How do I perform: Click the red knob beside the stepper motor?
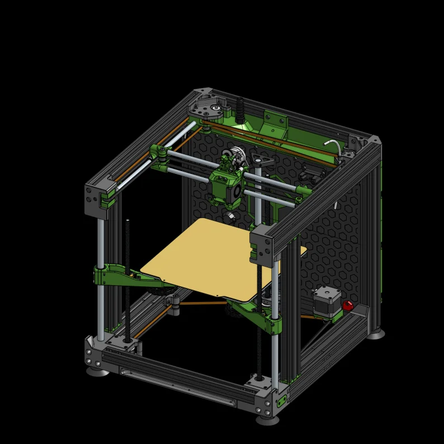(348, 305)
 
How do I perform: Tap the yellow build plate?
(218, 254)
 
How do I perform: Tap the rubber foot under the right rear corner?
(376, 334)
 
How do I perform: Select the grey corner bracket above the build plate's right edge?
(262, 244)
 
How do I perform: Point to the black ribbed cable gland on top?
(241, 109)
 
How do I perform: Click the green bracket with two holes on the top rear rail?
(276, 120)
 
